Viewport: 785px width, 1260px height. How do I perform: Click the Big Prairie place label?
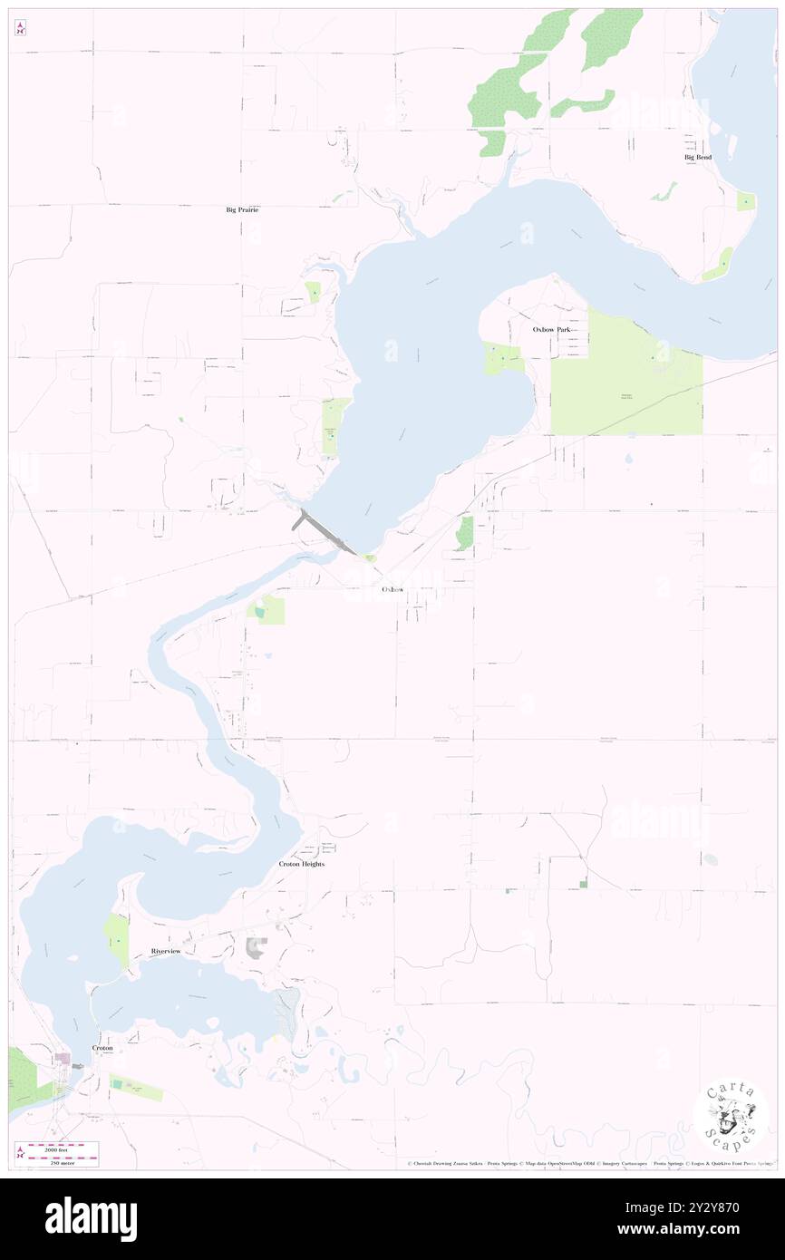click(242, 209)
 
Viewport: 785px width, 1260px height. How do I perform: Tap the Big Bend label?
click(697, 158)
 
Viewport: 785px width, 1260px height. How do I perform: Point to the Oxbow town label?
click(392, 589)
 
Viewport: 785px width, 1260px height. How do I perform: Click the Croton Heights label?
click(301, 865)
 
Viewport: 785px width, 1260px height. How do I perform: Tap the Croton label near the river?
click(102, 1048)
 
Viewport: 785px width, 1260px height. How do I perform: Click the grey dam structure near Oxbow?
click(324, 532)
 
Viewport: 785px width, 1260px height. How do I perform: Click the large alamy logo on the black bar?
click(91, 1219)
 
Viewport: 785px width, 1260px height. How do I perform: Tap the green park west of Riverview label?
click(116, 940)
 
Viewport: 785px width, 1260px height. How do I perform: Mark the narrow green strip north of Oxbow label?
click(465, 533)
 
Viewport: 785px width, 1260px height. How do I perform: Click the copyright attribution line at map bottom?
click(589, 1164)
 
